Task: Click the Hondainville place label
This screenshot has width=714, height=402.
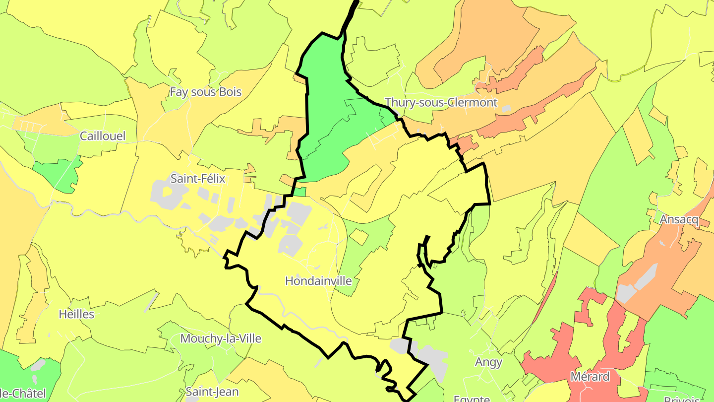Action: pyautogui.click(x=318, y=281)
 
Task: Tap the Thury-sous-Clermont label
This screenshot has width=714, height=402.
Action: pyautogui.click(x=441, y=103)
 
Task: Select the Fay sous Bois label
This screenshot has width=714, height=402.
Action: pyautogui.click(x=205, y=92)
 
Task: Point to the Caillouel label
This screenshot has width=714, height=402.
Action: pyautogui.click(x=103, y=136)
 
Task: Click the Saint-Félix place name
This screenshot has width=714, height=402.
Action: pyautogui.click(x=198, y=179)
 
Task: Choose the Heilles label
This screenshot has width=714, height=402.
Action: pyautogui.click(x=76, y=314)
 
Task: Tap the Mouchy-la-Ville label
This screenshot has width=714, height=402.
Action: pyautogui.click(x=221, y=339)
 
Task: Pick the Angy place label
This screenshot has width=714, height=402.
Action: pyautogui.click(x=488, y=362)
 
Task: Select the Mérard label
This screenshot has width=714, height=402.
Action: pyautogui.click(x=590, y=377)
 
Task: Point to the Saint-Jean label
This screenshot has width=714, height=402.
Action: pyautogui.click(x=212, y=392)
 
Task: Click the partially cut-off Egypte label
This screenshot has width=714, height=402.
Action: pyautogui.click(x=472, y=399)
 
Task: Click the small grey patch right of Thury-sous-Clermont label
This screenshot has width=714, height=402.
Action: pyautogui.click(x=506, y=108)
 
